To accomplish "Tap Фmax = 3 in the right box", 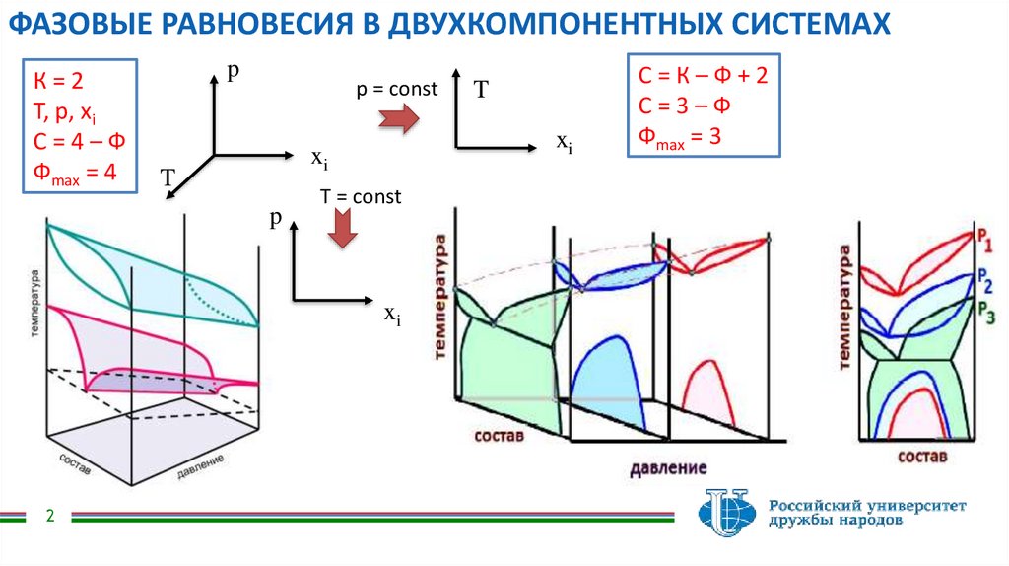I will point(680,136).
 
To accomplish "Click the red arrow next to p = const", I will point(399,120).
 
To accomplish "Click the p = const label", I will point(397,89).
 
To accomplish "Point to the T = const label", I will point(361,197).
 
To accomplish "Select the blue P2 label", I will point(984,279).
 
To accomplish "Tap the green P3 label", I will point(984,307).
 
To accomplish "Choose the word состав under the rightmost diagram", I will point(922,457).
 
